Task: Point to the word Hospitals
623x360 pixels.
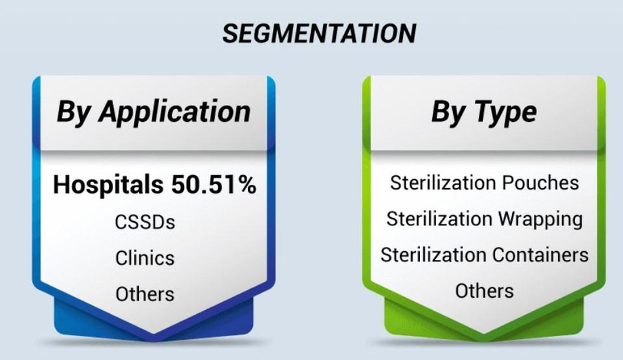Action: [x=106, y=185]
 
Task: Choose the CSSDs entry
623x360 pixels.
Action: [x=145, y=222]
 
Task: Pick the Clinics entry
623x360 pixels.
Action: [x=145, y=258]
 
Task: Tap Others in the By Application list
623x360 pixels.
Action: [x=145, y=294]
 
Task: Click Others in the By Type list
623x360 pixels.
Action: [x=484, y=291]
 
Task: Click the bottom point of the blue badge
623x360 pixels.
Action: [x=154, y=332]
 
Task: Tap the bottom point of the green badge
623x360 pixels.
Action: [x=484, y=332]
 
